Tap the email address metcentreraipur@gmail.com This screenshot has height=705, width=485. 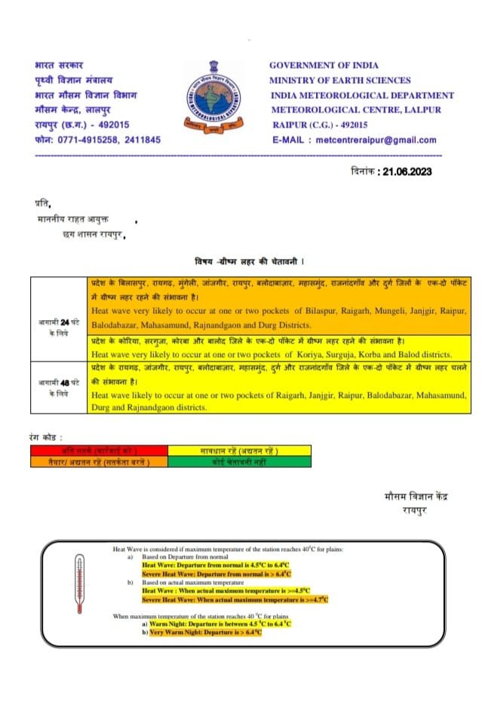tap(376, 140)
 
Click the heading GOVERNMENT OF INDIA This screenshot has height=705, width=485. tap(324, 66)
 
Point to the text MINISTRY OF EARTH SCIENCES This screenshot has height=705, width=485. tap(340, 81)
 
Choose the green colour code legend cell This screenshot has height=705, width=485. tap(239, 460)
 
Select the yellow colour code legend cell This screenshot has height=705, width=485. tap(239, 451)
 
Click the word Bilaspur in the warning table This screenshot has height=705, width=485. tap(315, 310)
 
